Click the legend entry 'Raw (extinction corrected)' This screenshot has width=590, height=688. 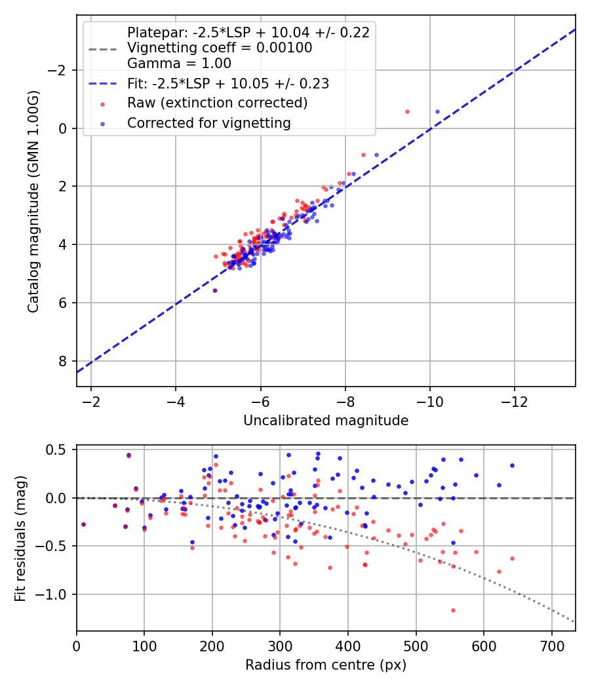[217, 103]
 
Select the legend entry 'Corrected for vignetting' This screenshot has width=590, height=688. [208, 123]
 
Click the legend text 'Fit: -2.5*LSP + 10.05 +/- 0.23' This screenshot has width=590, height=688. [227, 83]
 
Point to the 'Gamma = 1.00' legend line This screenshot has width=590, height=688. [179, 64]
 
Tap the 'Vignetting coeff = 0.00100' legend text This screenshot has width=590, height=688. [220, 48]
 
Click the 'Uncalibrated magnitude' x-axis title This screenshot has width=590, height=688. [326, 421]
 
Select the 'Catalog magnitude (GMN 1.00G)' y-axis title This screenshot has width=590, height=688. [33, 201]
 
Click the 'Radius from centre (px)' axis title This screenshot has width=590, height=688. [326, 665]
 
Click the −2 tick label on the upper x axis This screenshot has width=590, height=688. [91, 400]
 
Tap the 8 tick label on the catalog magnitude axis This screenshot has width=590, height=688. [63, 361]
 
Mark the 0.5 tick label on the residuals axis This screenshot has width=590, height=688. [60, 449]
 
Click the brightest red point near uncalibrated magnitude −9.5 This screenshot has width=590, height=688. [407, 112]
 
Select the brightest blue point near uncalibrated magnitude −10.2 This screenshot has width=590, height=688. [437, 112]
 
